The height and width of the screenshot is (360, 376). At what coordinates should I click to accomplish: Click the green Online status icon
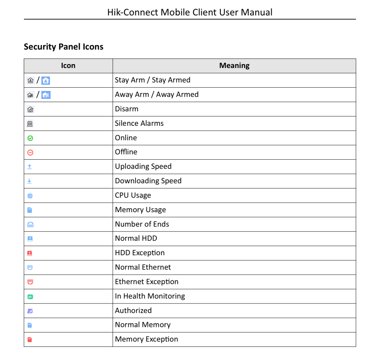click(x=30, y=138)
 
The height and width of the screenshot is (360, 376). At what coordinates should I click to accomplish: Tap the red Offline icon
click(x=30, y=152)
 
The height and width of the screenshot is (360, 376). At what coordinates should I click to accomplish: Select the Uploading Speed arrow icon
click(x=30, y=167)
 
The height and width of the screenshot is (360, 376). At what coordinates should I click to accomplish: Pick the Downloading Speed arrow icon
click(x=30, y=181)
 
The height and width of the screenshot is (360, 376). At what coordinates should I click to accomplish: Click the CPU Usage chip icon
click(x=30, y=196)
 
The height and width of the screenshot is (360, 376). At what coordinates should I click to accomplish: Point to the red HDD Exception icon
click(x=30, y=253)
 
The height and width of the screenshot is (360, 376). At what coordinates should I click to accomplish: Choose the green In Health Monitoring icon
click(x=30, y=297)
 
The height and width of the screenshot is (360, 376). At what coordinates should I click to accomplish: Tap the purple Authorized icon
click(x=30, y=311)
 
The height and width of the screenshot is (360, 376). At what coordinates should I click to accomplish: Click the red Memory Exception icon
click(x=30, y=340)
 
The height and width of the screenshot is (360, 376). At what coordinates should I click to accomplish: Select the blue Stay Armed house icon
click(x=46, y=80)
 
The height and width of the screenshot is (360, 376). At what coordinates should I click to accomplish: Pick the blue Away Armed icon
click(x=46, y=95)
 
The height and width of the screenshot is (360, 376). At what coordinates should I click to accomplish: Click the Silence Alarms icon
click(x=30, y=124)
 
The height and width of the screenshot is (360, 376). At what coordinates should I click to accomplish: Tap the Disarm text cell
click(x=127, y=109)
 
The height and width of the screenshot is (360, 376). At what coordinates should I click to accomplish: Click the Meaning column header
click(x=234, y=66)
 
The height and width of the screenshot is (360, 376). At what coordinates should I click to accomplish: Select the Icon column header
click(x=68, y=66)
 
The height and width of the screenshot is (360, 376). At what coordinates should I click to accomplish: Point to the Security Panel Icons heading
click(x=64, y=47)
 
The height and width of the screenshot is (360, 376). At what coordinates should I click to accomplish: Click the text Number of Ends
click(x=142, y=224)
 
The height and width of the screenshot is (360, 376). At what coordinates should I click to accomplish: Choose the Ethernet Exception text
click(x=147, y=282)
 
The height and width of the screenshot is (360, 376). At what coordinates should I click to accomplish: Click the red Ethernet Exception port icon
click(x=30, y=282)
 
